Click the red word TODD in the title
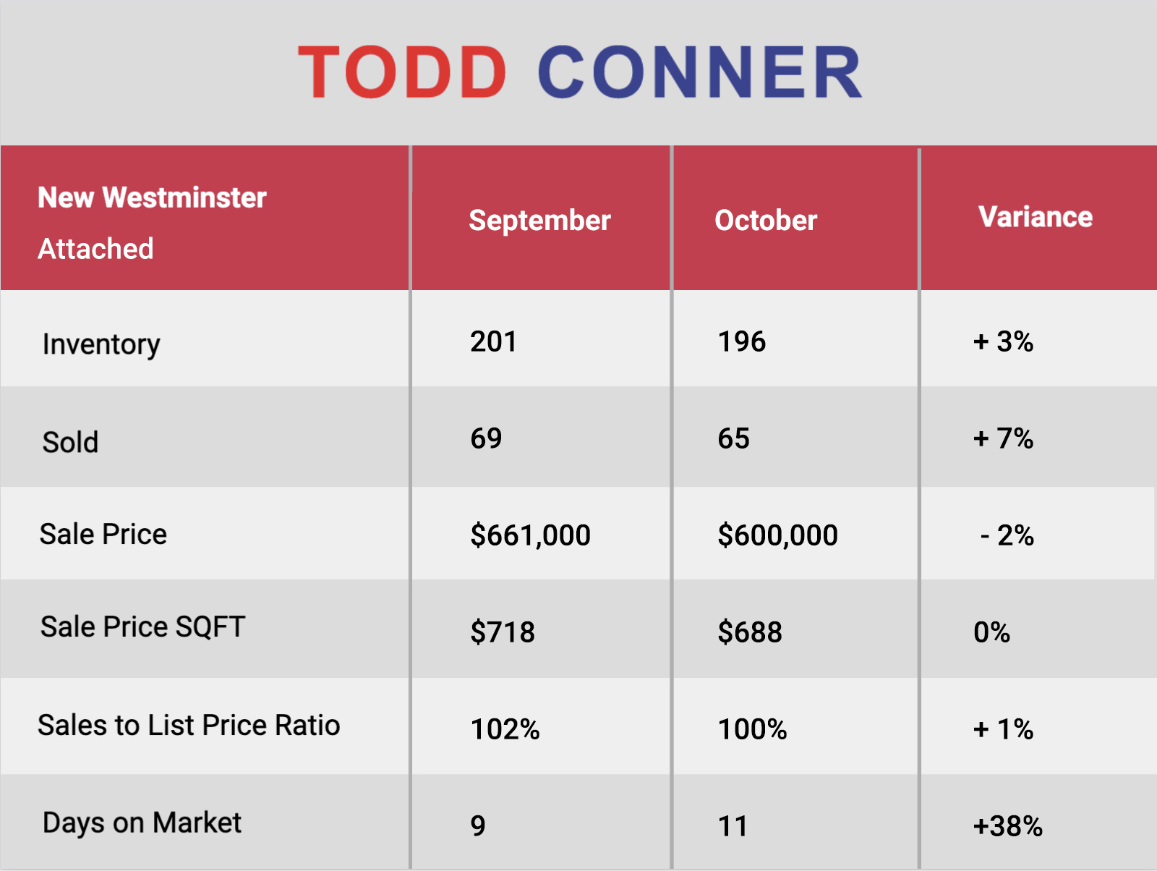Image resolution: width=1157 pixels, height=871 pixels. click(x=402, y=72)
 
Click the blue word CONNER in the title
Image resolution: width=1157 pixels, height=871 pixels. click(x=700, y=72)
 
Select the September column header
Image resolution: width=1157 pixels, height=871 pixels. click(x=539, y=221)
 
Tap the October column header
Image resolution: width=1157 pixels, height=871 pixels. click(x=766, y=221)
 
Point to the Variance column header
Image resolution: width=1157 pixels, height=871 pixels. click(x=1036, y=217)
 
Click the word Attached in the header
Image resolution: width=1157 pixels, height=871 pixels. click(x=95, y=249)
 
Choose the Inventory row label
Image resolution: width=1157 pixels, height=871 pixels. click(x=101, y=345)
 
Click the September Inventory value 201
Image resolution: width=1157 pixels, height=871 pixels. click(x=493, y=341)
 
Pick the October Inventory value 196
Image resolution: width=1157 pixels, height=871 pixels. click(x=742, y=341)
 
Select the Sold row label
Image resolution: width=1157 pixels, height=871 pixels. click(x=70, y=442)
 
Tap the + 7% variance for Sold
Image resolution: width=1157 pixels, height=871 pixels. click(x=1003, y=438)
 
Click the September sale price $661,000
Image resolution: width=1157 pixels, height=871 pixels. click(x=530, y=535)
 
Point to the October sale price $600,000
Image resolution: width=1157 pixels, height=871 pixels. click(x=778, y=535)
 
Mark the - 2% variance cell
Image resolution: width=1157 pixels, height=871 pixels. click(x=1007, y=535)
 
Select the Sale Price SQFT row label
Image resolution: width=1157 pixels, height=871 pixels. click(x=143, y=626)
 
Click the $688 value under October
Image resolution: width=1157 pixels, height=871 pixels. click(x=750, y=632)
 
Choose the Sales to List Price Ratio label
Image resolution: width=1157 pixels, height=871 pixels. click(x=189, y=725)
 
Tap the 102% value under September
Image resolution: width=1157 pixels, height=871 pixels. click(x=505, y=729)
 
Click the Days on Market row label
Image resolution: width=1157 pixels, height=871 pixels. click(x=142, y=823)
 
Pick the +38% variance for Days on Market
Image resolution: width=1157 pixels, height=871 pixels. click(x=1008, y=825)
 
